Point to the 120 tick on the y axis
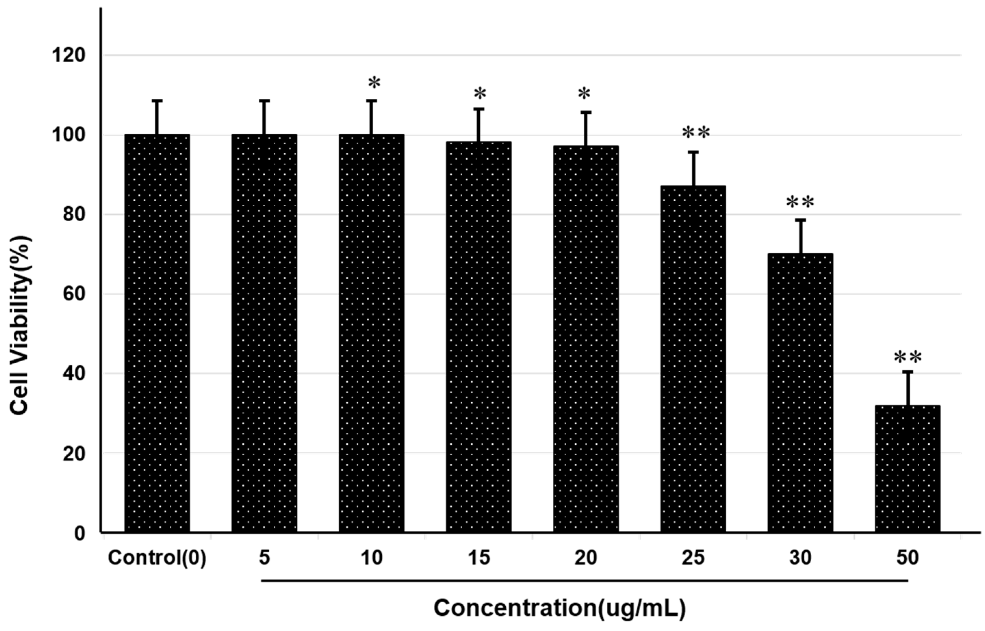pos(68,55)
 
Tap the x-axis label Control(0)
pos(157,558)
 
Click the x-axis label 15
pos(479,558)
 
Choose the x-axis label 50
pos(907,558)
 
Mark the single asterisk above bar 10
pos(374,83)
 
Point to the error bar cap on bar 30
pos(800,220)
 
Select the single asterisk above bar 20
pos(584,94)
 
